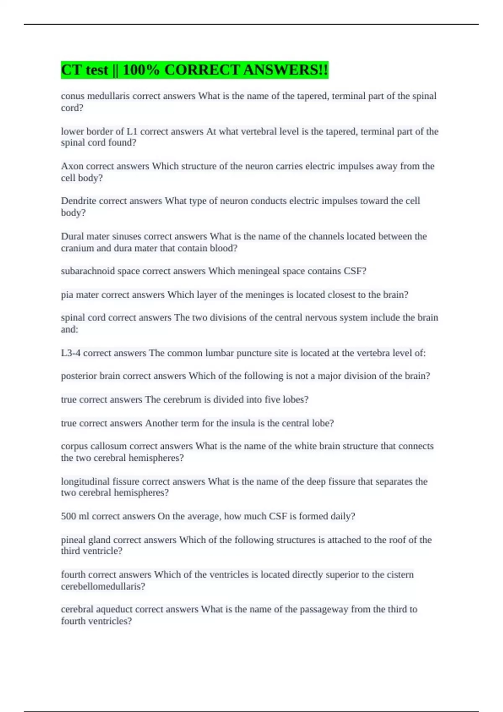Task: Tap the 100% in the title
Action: click(141, 70)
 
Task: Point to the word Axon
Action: click(72, 166)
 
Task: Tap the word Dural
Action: click(72, 236)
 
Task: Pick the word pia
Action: click(67, 295)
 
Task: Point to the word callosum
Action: click(109, 446)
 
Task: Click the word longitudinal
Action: click(85, 482)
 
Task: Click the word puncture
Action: click(254, 353)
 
